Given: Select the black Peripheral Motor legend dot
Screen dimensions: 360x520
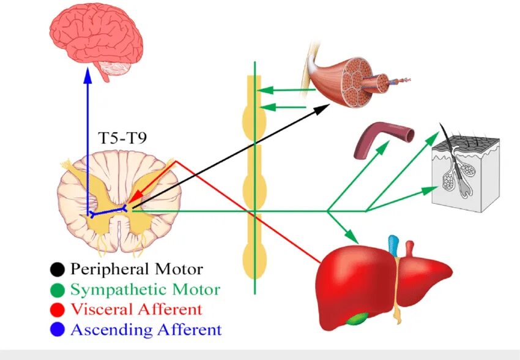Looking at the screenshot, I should (58, 268).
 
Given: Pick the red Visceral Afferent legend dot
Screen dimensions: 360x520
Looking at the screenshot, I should (58, 309).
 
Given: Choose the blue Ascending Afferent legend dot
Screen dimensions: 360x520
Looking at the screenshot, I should (58, 329).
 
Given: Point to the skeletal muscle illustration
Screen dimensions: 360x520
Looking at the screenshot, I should (349, 83).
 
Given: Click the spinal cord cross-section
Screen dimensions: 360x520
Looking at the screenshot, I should (119, 202).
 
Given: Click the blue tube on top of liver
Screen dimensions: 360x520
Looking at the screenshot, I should (393, 246).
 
